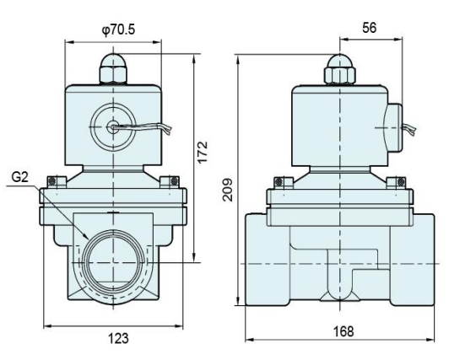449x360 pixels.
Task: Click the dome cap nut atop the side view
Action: coord(339,69)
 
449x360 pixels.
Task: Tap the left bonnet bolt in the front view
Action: coord(55,180)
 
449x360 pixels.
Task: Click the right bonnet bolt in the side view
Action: coord(396,180)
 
